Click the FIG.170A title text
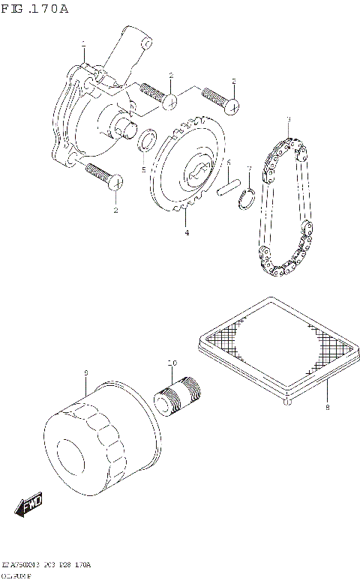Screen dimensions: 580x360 [35, 9]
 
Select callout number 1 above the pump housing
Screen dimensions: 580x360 [83, 44]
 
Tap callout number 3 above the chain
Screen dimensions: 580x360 [287, 119]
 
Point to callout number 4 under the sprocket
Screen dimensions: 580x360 [187, 233]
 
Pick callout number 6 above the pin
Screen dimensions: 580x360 [229, 162]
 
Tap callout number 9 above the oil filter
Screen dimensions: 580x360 [86, 372]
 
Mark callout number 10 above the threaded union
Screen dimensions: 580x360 [172, 363]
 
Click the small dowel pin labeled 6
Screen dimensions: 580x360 [227, 187]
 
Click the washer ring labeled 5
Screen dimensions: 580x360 [148, 140]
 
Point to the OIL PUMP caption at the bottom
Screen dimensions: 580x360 [22, 574]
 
